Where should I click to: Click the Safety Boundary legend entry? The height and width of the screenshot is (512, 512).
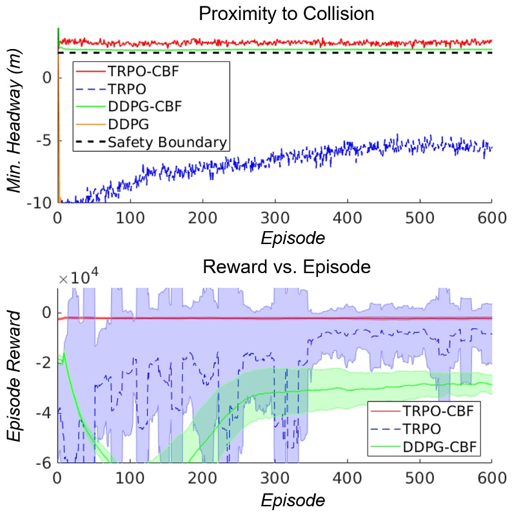click(168, 142)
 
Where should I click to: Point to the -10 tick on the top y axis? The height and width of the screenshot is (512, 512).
click(42, 203)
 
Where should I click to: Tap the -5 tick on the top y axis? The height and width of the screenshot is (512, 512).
click(46, 140)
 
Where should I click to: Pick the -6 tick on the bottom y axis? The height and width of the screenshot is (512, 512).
click(46, 463)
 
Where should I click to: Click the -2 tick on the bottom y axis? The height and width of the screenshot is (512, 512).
click(46, 363)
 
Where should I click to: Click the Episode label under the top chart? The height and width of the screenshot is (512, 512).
click(293, 239)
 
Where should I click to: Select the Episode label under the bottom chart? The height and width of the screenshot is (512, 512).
click(293, 500)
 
